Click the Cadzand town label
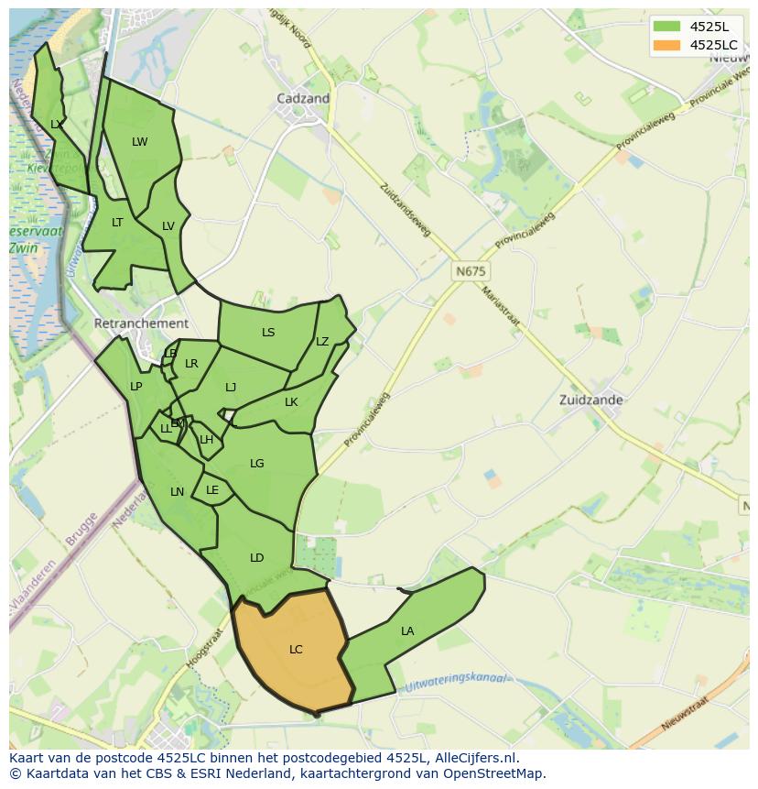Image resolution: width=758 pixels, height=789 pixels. [303, 98]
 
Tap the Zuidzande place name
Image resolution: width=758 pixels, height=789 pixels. [591, 400]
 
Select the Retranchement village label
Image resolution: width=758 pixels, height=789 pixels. [141, 323]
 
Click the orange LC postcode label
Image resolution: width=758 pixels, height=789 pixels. [296, 650]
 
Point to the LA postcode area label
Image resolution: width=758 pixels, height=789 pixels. [407, 631]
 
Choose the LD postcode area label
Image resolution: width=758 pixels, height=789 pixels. [256, 558]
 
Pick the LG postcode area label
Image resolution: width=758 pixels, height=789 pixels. [257, 464]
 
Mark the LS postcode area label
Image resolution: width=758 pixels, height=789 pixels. [268, 333]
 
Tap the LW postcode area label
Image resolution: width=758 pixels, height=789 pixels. [139, 142]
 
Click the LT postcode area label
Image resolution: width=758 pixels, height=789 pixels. [117, 223]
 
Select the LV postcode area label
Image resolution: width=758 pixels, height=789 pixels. [168, 226]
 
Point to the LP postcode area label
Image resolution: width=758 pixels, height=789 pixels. [135, 387]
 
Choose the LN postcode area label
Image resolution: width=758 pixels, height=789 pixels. [177, 492]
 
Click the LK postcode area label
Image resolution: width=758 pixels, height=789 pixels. [291, 402]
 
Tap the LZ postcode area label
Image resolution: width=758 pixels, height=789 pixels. [322, 342]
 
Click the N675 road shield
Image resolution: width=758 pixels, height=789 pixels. [471, 272]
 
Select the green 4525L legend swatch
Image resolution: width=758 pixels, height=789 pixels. [665, 26]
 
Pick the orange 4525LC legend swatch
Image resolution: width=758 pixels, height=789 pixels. [665, 45]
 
